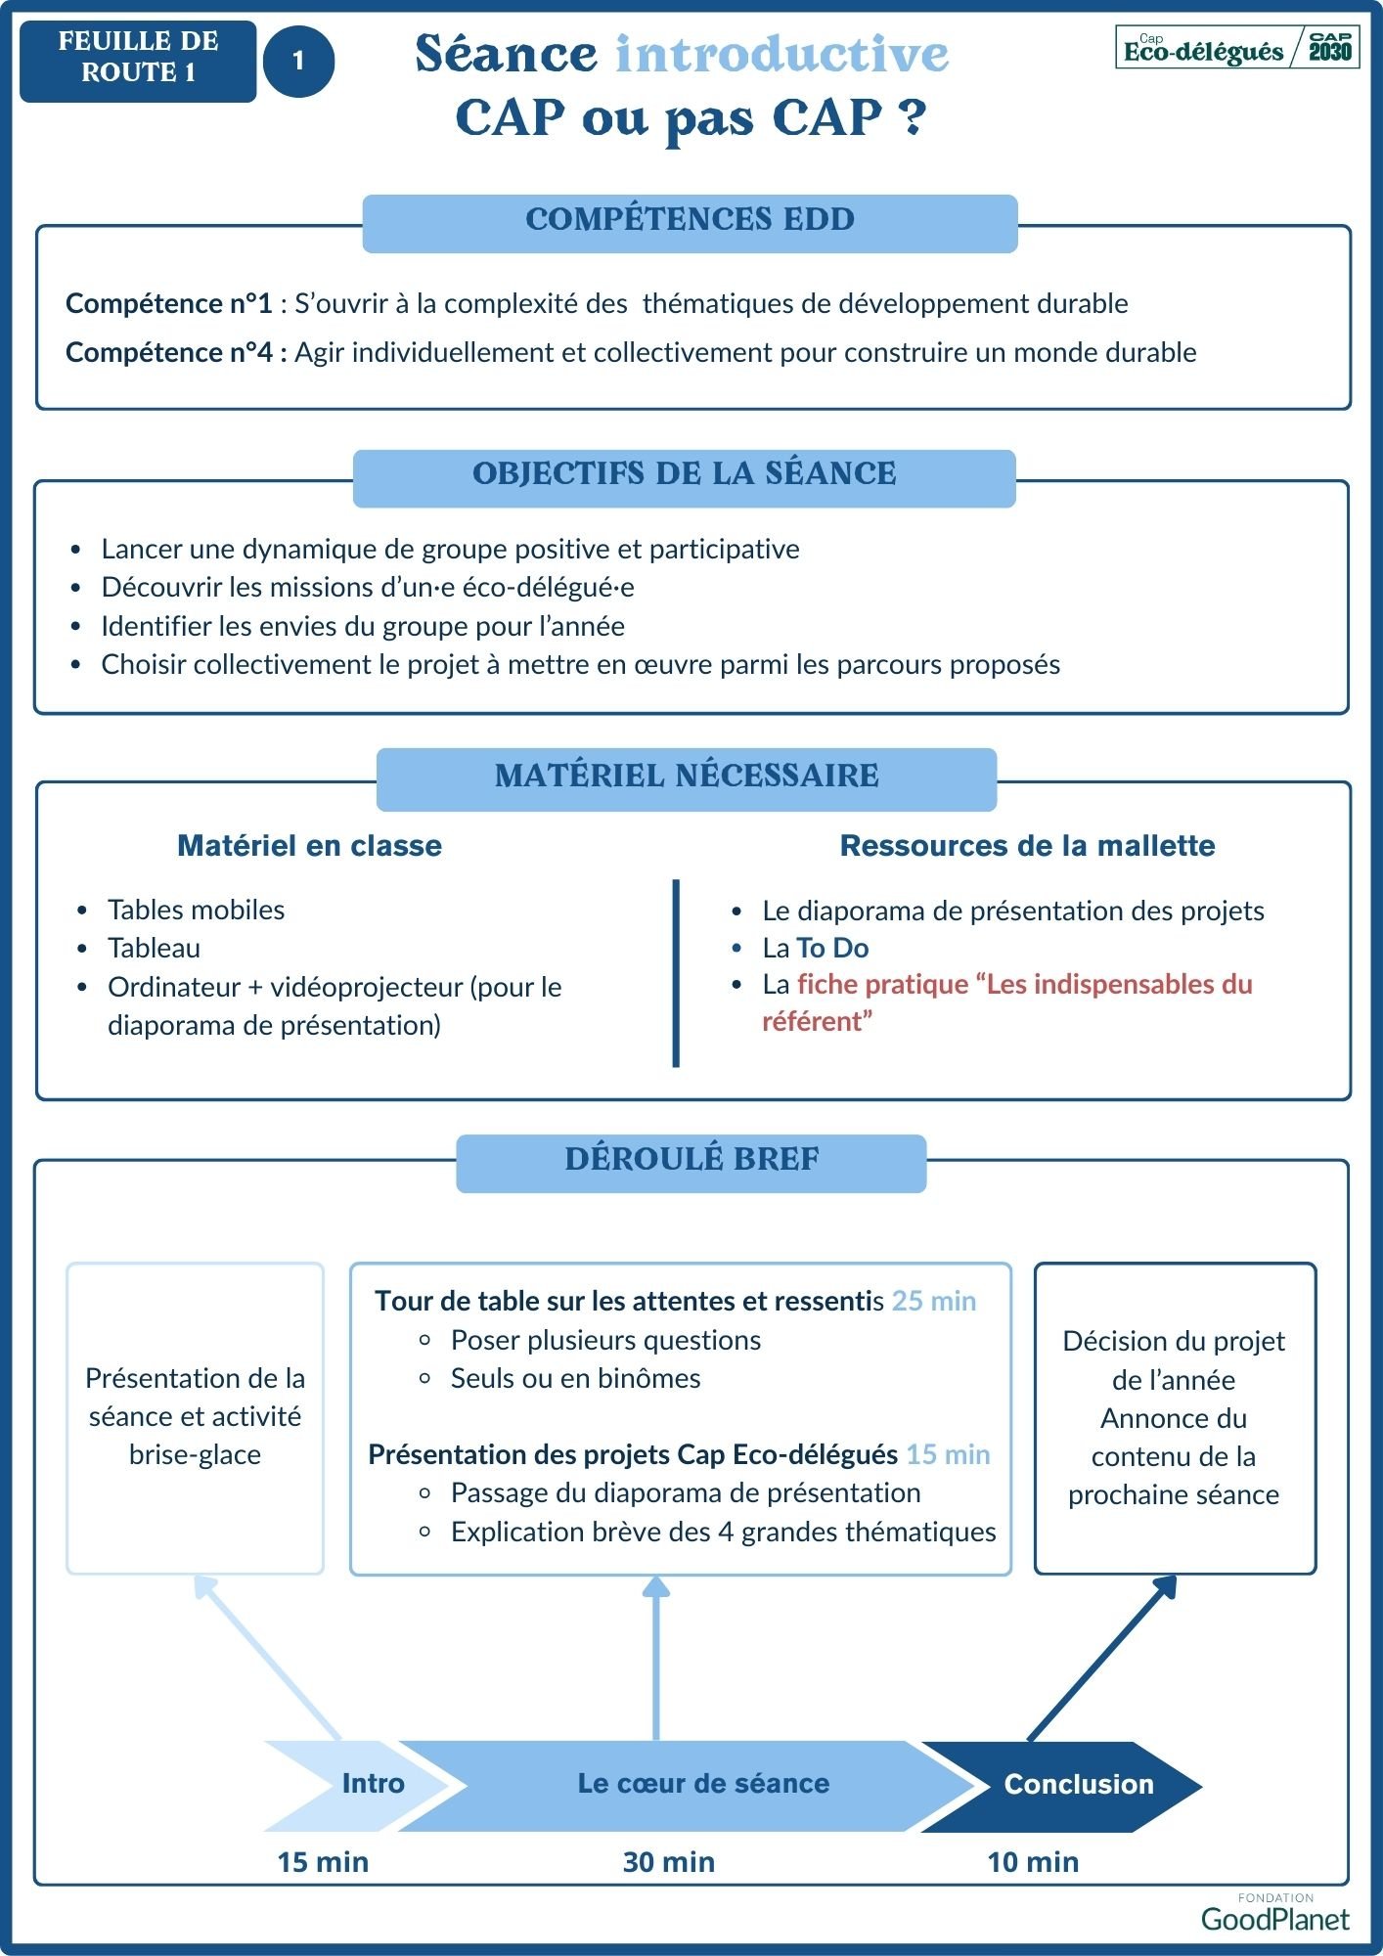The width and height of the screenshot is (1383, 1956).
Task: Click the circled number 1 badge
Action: [x=298, y=61]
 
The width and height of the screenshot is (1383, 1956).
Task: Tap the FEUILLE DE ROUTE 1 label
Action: [x=138, y=58]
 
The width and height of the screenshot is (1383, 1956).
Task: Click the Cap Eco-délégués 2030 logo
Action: [x=1237, y=48]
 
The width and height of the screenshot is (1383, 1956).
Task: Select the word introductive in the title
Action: [x=781, y=54]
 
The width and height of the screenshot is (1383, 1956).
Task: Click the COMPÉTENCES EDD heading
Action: [x=690, y=220]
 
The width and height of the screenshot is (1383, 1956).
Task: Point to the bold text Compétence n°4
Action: [x=169, y=352]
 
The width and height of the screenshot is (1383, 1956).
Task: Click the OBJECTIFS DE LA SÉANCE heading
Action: [x=684, y=474]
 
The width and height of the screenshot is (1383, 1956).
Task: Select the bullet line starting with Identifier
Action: [x=362, y=626]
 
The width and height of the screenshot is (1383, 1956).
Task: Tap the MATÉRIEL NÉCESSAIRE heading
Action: [x=687, y=777]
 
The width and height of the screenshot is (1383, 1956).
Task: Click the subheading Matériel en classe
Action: [x=309, y=846]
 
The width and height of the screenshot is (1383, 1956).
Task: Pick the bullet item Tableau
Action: [x=154, y=948]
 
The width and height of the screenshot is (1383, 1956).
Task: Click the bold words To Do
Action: [x=832, y=948]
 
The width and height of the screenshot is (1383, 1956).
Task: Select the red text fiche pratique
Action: [x=869, y=984]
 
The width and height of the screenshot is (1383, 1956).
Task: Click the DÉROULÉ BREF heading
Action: [x=691, y=1160]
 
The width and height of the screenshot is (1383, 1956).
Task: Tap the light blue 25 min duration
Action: [x=933, y=1301]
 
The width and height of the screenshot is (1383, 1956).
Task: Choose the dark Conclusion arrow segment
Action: [x=1071, y=1785]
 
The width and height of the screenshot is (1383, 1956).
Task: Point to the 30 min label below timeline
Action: [x=668, y=1862]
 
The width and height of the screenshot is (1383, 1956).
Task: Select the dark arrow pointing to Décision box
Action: [x=1100, y=1660]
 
